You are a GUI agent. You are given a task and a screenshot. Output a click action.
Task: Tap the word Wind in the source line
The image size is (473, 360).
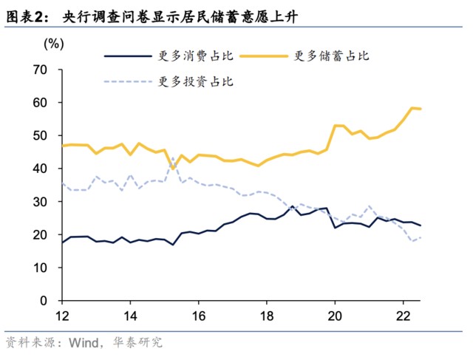pos(83,343)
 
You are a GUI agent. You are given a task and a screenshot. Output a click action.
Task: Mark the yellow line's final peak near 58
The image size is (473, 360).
pos(412,108)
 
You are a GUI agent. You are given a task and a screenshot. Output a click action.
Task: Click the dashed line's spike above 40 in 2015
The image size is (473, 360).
pos(173,157)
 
